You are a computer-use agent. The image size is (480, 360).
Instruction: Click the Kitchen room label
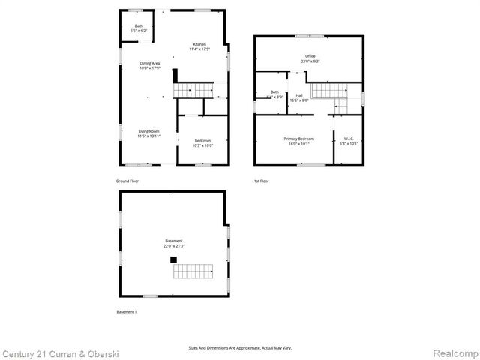click(x=199, y=47)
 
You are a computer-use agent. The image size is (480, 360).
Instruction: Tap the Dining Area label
click(x=150, y=66)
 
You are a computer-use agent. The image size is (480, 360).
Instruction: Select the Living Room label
click(x=148, y=133)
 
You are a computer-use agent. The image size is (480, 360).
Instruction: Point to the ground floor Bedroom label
click(x=202, y=143)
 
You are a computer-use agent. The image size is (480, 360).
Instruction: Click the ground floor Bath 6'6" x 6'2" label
click(x=139, y=28)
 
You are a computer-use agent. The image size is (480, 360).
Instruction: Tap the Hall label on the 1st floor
click(x=299, y=97)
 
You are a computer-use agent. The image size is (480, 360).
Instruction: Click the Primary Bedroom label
click(x=298, y=141)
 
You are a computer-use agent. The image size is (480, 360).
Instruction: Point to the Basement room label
click(x=174, y=243)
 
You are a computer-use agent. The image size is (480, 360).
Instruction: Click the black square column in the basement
click(x=173, y=259)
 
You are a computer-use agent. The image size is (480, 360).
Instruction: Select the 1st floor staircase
click(x=329, y=91)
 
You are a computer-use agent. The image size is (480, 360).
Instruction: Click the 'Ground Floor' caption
click(x=127, y=181)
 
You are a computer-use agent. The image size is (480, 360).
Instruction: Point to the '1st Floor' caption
click(x=262, y=181)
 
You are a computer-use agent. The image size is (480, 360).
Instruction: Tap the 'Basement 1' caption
click(x=127, y=311)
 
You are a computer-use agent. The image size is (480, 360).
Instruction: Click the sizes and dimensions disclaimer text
click(x=239, y=348)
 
